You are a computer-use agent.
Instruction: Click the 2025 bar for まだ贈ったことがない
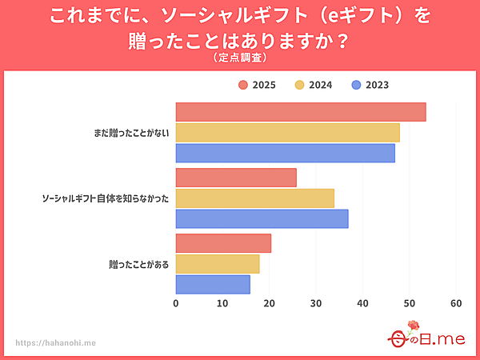click(301, 112)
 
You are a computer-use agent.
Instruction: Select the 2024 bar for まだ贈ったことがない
click(287, 133)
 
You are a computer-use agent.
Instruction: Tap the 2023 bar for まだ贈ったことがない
click(285, 153)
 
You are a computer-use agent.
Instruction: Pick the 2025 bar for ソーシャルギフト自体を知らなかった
click(236, 178)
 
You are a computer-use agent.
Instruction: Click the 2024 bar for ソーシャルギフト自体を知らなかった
click(254, 198)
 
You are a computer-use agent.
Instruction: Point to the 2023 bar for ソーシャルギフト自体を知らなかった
click(262, 218)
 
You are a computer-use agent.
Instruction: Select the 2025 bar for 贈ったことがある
click(223, 243)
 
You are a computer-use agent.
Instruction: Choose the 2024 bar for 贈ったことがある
click(218, 264)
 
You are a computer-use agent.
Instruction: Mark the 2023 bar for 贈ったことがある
click(213, 284)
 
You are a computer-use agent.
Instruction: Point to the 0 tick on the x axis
click(176, 304)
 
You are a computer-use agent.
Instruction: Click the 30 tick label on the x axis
click(316, 304)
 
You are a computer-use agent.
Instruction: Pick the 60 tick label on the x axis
click(457, 304)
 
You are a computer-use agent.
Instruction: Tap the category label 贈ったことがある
click(138, 264)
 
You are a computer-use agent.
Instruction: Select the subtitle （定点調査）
click(239, 58)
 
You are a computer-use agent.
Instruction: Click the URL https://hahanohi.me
click(56, 342)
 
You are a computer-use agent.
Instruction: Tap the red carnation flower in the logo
click(414, 326)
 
